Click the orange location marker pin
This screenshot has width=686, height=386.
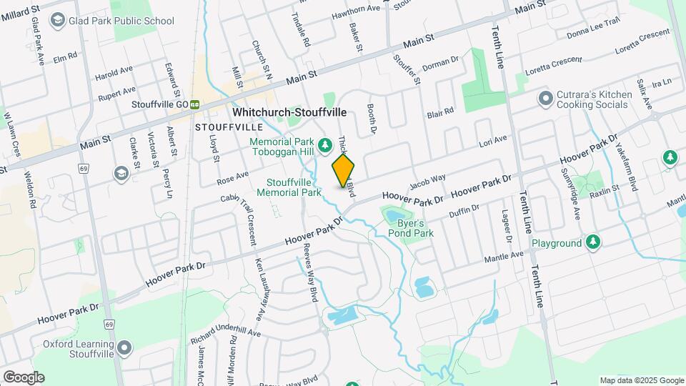[x=343, y=170]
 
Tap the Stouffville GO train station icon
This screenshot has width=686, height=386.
[x=194, y=104]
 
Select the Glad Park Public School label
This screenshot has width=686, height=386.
[x=121, y=21]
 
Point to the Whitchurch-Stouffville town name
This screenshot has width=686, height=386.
[x=289, y=113]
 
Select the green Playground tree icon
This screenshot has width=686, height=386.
[x=592, y=243]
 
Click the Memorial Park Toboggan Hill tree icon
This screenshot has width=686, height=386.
[x=324, y=146]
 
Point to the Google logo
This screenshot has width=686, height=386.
[x=24, y=377]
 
